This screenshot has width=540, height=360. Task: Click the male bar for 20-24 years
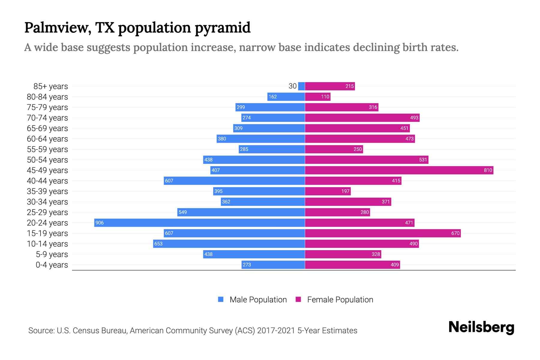click(199, 223)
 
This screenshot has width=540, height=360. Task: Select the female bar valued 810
click(399, 170)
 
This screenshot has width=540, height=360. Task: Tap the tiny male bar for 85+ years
click(301, 86)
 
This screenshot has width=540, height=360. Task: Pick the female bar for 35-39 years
click(328, 191)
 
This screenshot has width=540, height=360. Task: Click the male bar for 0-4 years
click(273, 265)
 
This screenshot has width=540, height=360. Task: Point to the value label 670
click(455, 233)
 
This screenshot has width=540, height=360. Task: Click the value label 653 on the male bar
click(158, 244)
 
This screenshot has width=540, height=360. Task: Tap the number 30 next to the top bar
click(292, 86)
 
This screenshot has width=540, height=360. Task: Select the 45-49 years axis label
click(47, 170)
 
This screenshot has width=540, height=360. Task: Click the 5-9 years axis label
click(52, 254)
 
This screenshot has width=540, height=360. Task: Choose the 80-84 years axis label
click(47, 97)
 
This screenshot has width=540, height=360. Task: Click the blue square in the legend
click(221, 299)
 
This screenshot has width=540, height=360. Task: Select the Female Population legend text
click(340, 299)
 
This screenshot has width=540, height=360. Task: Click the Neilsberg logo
click(481, 327)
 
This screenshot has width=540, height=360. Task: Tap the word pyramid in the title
click(222, 28)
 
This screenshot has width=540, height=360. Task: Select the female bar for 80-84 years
click(317, 97)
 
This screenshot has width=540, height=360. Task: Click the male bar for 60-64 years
click(261, 139)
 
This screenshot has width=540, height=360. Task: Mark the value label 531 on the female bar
click(423, 160)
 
